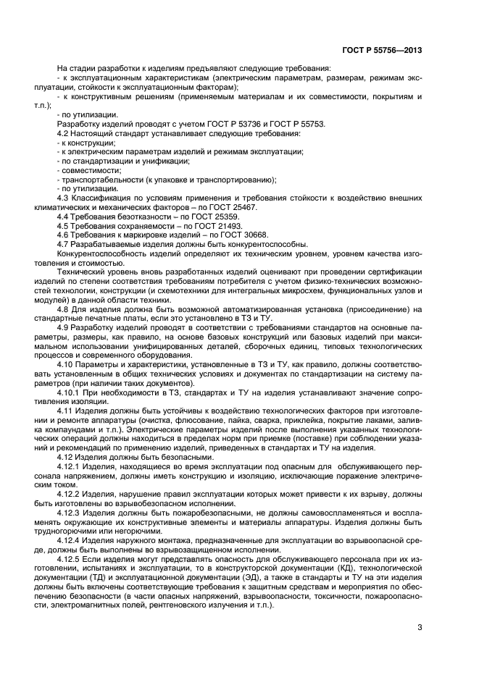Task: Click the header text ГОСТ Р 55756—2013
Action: tap(381, 51)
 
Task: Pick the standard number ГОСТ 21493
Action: tap(207, 226)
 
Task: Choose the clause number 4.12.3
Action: tap(70, 511)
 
